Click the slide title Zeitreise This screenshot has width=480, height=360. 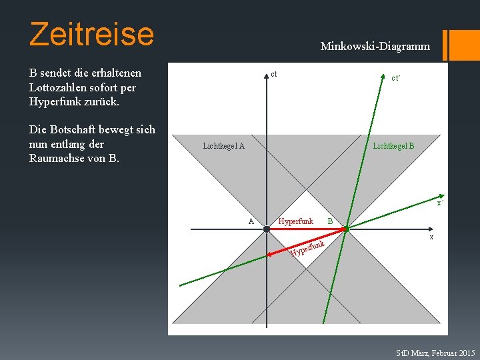coord(91,33)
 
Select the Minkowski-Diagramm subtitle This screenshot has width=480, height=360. coord(375,47)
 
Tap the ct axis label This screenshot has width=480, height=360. coord(274,73)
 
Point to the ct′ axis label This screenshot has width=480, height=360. coord(395,78)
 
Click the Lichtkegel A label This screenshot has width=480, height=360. coord(224,146)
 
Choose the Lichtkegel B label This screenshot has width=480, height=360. coord(393,145)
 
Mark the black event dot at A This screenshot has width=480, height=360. coord(266,229)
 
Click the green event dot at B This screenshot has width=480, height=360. coord(347,229)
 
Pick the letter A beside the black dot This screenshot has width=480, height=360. coord(251,221)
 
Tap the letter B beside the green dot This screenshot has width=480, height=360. coord(329,221)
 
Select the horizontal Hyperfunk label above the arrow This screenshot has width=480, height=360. coord(295,221)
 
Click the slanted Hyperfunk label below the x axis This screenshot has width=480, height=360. coord(307,248)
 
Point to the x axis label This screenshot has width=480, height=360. coord(431,237)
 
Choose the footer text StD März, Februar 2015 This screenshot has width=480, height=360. coord(435,352)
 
